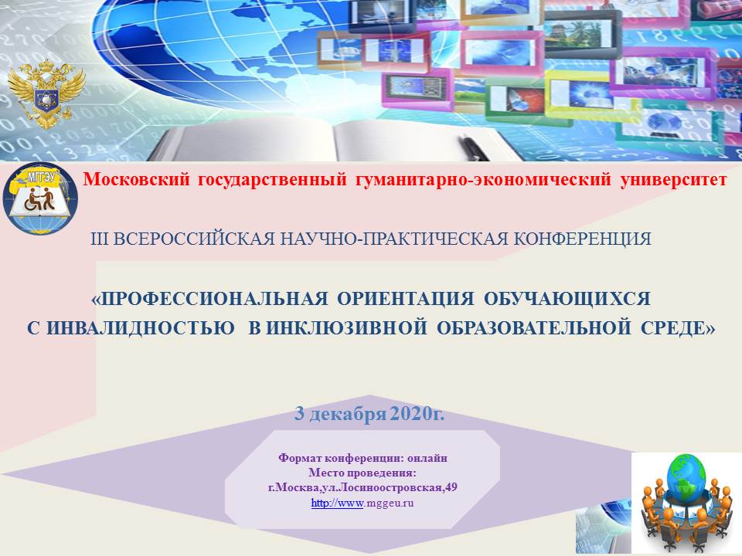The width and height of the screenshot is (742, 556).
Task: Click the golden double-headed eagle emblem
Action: pos(46,94)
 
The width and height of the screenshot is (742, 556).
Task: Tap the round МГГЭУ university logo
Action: pos(40,198)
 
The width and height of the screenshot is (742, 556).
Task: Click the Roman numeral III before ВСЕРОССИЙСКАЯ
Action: pos(100,239)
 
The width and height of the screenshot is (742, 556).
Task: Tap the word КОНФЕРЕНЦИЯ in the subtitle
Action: pos(583,239)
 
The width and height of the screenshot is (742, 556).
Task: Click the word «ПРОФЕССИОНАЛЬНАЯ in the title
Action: pos(209,299)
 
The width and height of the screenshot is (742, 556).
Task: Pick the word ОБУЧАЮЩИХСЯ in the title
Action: pos(567,299)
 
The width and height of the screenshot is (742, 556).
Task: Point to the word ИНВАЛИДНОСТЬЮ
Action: pos(141,328)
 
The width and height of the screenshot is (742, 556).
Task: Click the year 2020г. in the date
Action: pos(418,414)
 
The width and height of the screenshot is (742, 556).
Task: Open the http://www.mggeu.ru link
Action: pos(362,503)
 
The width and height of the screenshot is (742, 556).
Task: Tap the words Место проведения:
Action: pos(362,473)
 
